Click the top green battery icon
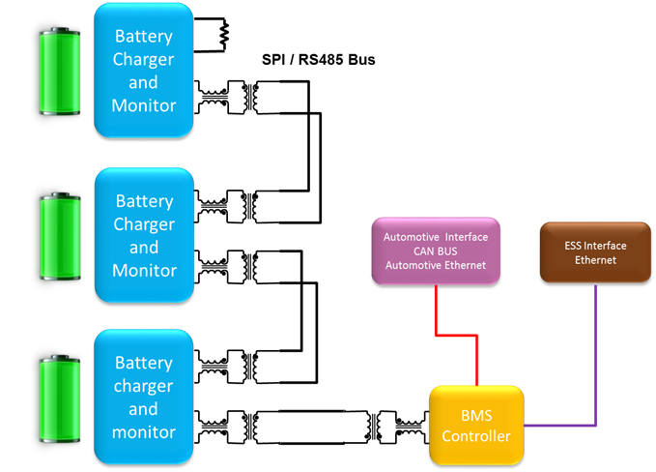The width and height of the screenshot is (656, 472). (60, 72)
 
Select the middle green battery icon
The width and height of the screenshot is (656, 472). (60, 238)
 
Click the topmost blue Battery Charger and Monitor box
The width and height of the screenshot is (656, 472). (144, 70)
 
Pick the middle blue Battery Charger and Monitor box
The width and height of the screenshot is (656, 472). (144, 235)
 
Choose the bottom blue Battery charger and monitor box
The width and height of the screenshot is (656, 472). (144, 397)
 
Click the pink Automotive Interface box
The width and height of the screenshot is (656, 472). (436, 251)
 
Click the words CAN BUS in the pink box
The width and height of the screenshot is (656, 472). (435, 251)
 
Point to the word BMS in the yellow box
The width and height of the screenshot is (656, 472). (475, 415)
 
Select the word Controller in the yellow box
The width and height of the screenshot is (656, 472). (475, 436)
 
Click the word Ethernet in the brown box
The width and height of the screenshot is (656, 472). (595, 260)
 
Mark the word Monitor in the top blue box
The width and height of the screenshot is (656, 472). (144, 104)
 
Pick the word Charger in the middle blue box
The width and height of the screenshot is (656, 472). (144, 224)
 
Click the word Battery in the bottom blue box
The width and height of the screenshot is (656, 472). (144, 363)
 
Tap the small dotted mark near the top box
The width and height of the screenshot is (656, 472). (224, 35)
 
